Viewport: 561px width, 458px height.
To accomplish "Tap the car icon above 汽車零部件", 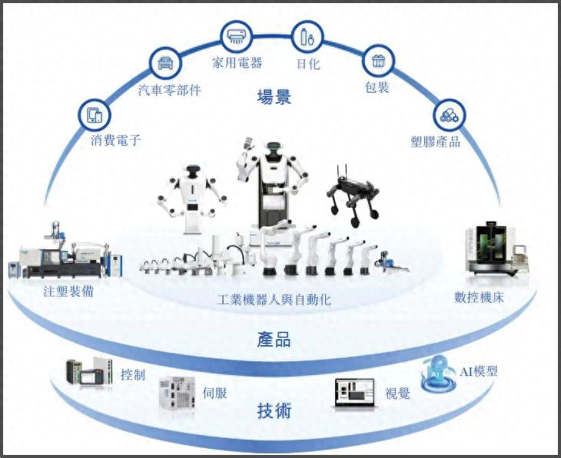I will click(x=164, y=62).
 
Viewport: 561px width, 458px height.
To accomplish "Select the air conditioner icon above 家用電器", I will click(x=236, y=35).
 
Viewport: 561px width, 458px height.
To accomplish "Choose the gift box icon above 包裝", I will click(x=377, y=59).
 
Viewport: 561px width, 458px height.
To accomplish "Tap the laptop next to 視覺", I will click(x=355, y=393).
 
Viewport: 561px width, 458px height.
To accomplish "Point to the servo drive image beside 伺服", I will click(x=178, y=397).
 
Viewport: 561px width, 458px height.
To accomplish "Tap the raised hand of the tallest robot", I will click(x=247, y=145).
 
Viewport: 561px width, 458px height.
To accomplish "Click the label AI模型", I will click(x=479, y=371).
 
